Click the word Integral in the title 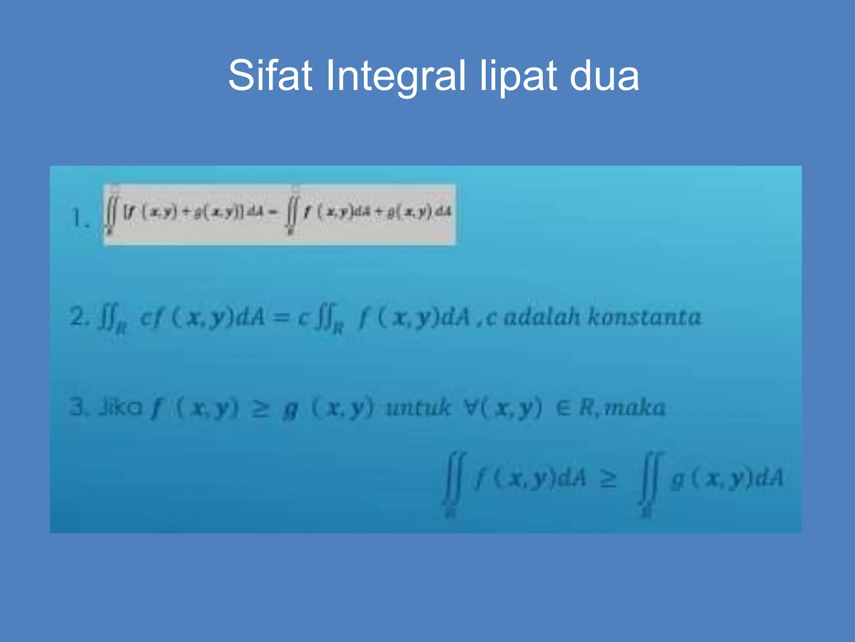(x=395, y=76)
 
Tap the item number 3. (x=78, y=407)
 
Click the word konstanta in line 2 (x=645, y=317)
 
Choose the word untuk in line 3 (x=418, y=408)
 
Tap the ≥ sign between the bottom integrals (x=608, y=479)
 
